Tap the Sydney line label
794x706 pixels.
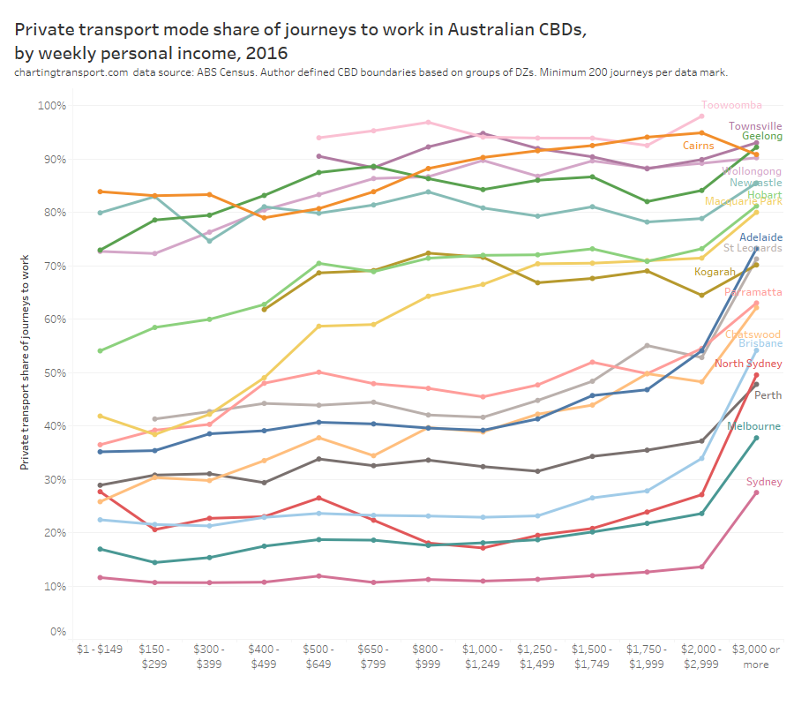[764, 482]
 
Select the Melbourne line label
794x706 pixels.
[753, 426]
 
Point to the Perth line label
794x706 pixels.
[768, 394]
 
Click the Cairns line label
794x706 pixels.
[699, 146]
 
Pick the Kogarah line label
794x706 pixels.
[715, 272]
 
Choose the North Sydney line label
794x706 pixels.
[748, 364]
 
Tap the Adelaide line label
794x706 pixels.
[760, 237]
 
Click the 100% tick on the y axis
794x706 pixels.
[53, 106]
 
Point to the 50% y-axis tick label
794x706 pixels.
[56, 372]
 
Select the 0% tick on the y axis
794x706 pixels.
[58, 632]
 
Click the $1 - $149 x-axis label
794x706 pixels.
[100, 650]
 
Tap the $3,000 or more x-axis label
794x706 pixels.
[756, 657]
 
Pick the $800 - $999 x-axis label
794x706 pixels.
[428, 657]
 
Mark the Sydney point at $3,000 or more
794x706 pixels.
[756, 492]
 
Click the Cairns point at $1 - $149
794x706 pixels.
[100, 192]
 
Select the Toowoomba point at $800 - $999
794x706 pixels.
[428, 122]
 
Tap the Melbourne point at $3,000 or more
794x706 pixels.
[756, 438]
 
